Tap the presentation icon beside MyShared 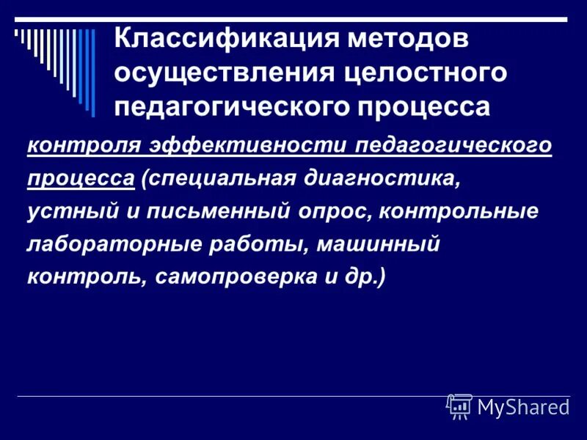[x=459, y=406]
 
